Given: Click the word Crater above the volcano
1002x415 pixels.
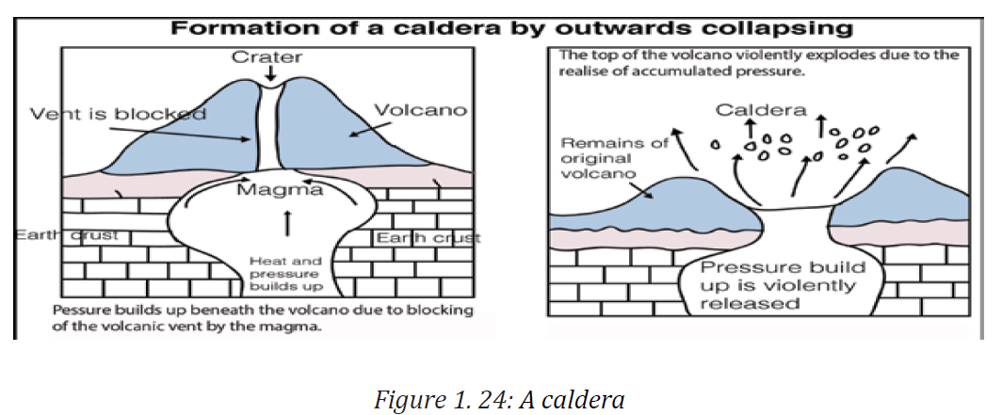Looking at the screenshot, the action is pyautogui.click(x=267, y=56).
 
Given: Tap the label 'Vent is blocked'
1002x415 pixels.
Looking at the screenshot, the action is pyautogui.click(x=119, y=114).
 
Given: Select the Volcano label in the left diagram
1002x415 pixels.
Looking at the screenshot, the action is pyautogui.click(x=420, y=110).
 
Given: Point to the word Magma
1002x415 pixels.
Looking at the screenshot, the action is pyautogui.click(x=280, y=190).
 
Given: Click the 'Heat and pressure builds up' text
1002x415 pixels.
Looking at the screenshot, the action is pyautogui.click(x=286, y=273).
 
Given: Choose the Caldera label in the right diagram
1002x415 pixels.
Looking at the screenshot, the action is pyautogui.click(x=761, y=110).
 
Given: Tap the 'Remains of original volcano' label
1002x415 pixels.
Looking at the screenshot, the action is pyautogui.click(x=612, y=158).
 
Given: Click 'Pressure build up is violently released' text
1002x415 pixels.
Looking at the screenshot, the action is pyautogui.click(x=783, y=285).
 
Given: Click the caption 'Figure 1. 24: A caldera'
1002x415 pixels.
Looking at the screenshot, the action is pyautogui.click(x=499, y=400).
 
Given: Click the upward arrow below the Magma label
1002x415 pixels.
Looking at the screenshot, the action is pyautogui.click(x=287, y=223).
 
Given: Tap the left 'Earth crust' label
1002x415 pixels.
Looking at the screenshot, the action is pyautogui.click(x=67, y=235).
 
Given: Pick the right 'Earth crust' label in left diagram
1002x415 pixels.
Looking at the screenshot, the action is pyautogui.click(x=428, y=238).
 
